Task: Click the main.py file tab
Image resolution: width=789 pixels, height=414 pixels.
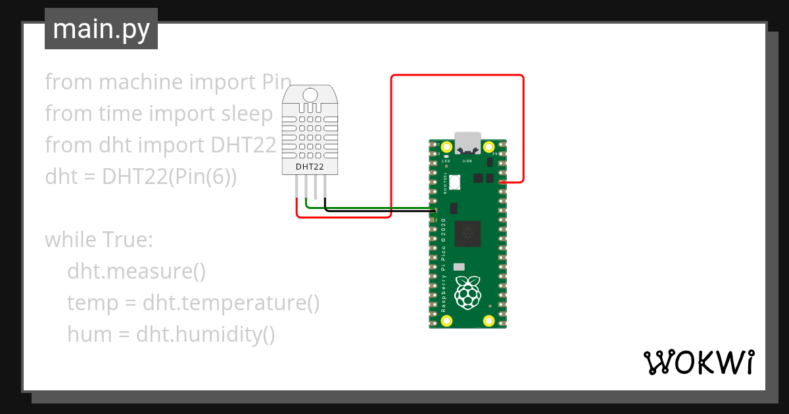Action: click(101, 30)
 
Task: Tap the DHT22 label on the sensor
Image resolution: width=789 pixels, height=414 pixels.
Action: click(310, 167)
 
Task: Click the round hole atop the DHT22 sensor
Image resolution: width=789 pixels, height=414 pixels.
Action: click(310, 96)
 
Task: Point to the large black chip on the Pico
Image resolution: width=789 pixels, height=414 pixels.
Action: click(468, 232)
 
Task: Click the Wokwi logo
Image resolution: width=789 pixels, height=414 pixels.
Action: click(698, 362)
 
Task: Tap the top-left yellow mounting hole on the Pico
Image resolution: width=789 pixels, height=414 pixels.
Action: click(447, 147)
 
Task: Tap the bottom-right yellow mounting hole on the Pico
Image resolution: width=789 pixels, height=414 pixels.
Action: click(489, 321)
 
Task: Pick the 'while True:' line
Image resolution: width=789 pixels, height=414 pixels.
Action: click(99, 240)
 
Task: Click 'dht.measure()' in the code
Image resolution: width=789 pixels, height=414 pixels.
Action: click(137, 271)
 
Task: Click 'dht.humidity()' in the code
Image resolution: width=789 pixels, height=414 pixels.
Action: click(206, 335)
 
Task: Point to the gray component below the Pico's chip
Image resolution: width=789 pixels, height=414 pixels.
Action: click(459, 267)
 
